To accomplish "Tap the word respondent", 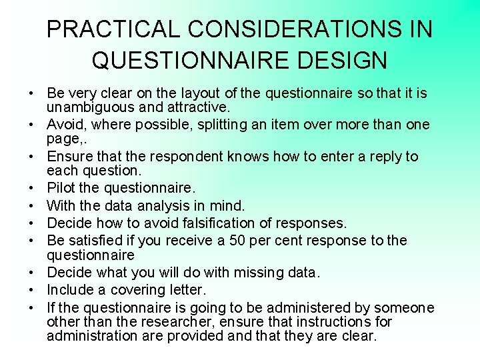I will (x=185, y=157).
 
